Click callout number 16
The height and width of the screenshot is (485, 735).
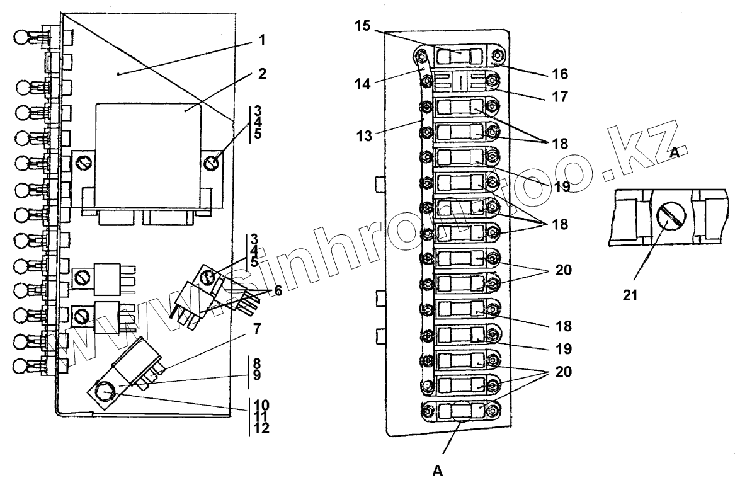[560, 74]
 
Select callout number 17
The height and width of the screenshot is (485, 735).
[560, 98]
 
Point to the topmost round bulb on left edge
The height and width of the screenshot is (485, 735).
[22, 37]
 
